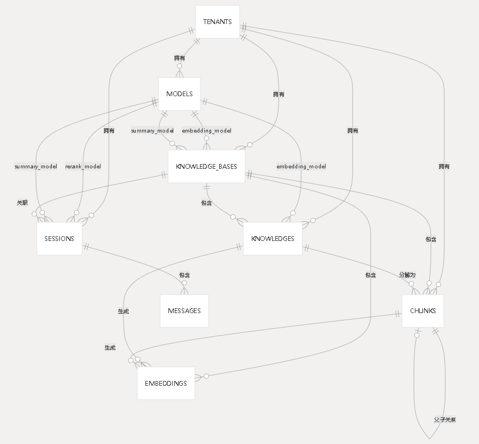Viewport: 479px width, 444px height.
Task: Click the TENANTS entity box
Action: (x=217, y=22)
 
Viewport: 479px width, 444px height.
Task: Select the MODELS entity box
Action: (x=179, y=94)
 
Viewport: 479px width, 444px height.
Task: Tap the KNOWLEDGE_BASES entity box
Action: (x=206, y=166)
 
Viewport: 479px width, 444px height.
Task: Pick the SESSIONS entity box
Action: (x=59, y=239)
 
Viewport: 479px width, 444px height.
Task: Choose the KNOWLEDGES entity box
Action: (x=273, y=239)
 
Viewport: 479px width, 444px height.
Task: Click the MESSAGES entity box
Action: (x=184, y=311)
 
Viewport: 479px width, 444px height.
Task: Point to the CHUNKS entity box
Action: (x=423, y=311)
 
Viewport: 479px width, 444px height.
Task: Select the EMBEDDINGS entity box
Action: (x=166, y=384)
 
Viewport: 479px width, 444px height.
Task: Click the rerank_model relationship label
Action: (x=83, y=167)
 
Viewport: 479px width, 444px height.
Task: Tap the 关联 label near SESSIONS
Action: (x=22, y=203)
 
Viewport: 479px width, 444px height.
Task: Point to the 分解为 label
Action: (x=407, y=275)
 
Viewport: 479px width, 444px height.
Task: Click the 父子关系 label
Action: (x=445, y=420)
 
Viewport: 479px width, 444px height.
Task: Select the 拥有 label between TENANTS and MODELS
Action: (x=180, y=58)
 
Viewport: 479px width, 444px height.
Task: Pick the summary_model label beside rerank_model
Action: (x=36, y=167)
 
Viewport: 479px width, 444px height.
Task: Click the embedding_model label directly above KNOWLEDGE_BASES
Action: (x=206, y=130)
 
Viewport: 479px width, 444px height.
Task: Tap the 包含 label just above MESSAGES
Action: (x=184, y=275)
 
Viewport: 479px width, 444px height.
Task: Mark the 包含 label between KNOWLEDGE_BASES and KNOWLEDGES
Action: (x=206, y=203)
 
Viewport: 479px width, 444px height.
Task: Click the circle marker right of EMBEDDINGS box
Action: (x=206, y=376)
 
